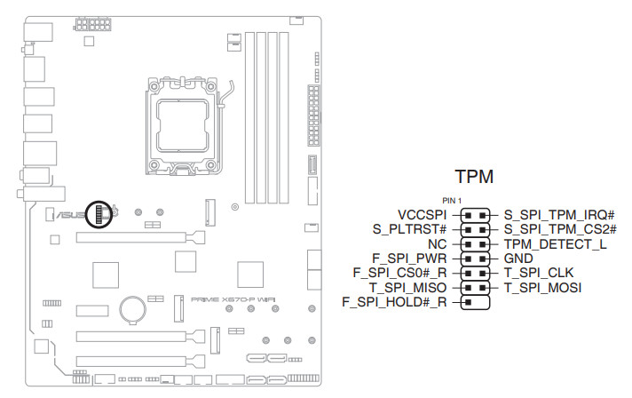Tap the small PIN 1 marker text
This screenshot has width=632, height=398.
(453, 201)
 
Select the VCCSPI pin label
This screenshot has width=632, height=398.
(423, 215)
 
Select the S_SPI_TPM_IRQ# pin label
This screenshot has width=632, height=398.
(559, 215)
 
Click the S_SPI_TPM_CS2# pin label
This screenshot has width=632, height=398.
(559, 229)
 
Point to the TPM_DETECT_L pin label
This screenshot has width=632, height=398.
(554, 243)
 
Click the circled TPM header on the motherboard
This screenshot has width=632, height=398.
(102, 213)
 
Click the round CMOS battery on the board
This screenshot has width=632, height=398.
(134, 308)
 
